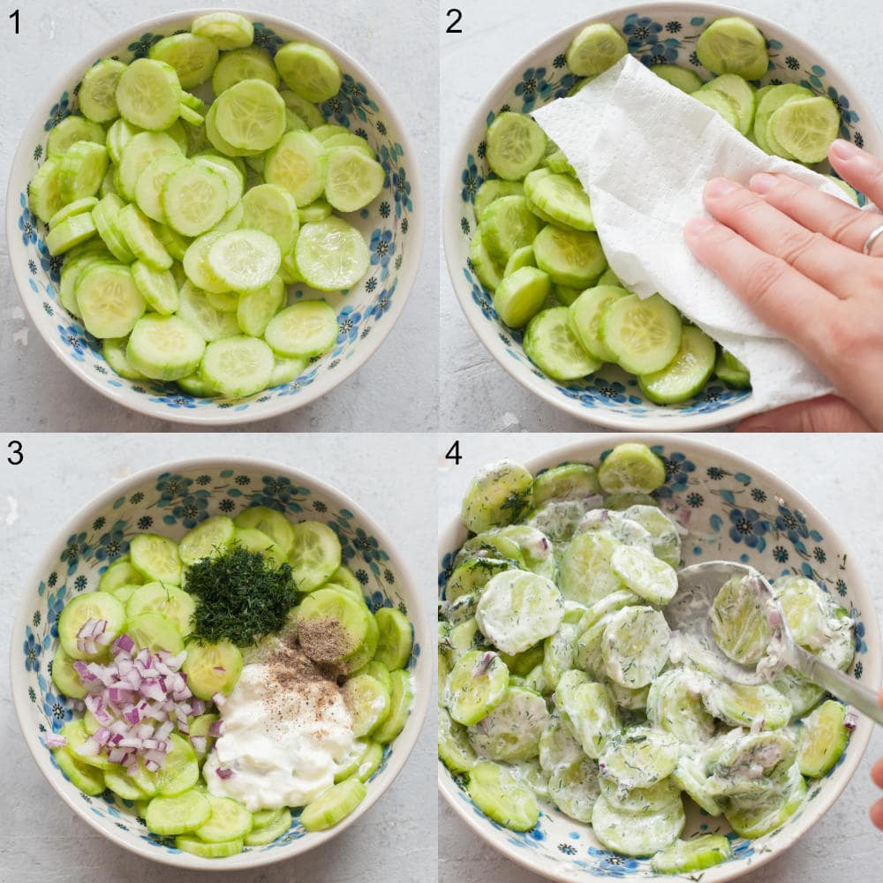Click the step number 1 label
point(14,21)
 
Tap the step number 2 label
point(453,21)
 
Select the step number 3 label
point(14,453)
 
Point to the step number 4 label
point(453,453)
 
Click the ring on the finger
point(872,238)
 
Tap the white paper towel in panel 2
point(653,177)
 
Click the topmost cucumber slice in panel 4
point(631,468)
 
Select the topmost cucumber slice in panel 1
point(223,31)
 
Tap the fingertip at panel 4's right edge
point(877,777)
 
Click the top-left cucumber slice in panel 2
point(596,49)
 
